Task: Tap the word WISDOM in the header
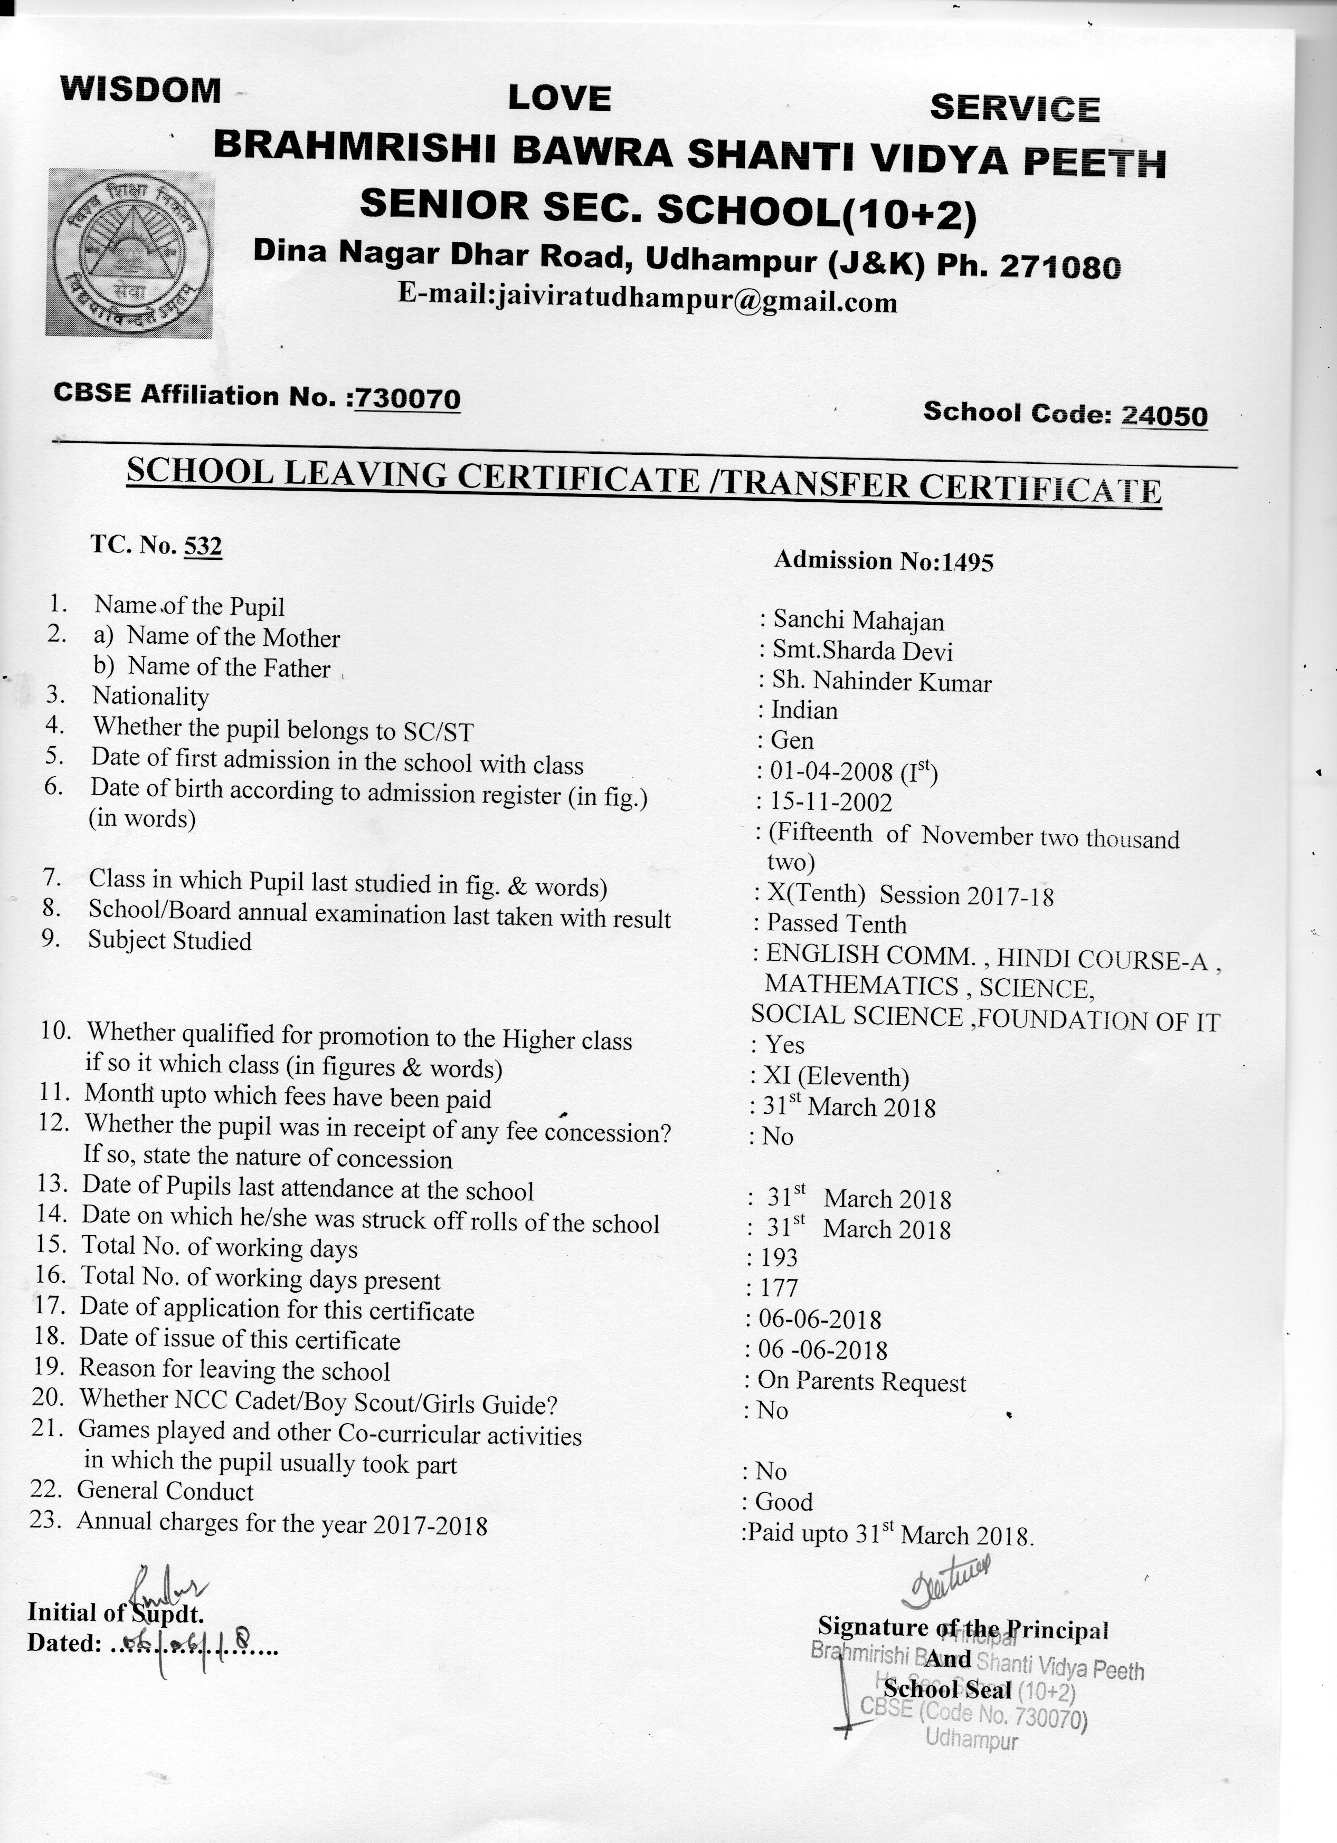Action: pos(140,89)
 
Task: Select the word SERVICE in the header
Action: pos(1014,108)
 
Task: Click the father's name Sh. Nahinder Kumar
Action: pos(882,681)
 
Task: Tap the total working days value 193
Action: pos(779,1258)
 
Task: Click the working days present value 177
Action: pos(779,1288)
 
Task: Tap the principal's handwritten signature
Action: pos(946,1579)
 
